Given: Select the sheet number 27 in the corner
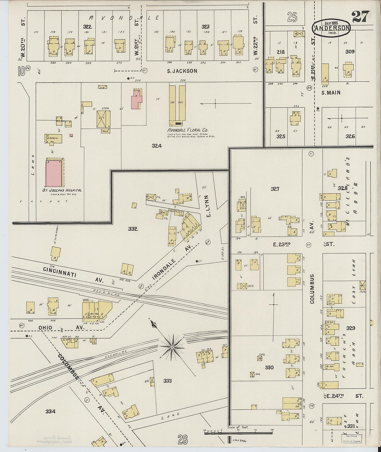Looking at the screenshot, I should (360, 16).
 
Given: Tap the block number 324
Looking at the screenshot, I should (157, 146).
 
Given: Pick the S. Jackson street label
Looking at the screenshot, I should (182, 71).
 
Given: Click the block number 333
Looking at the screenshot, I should (168, 381).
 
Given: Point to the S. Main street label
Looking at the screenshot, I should (331, 92).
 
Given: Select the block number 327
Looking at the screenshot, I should (275, 189).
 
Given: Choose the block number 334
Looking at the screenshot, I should (50, 411).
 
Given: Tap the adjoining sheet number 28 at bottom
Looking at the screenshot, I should (183, 440).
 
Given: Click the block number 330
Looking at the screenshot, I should (269, 367).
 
